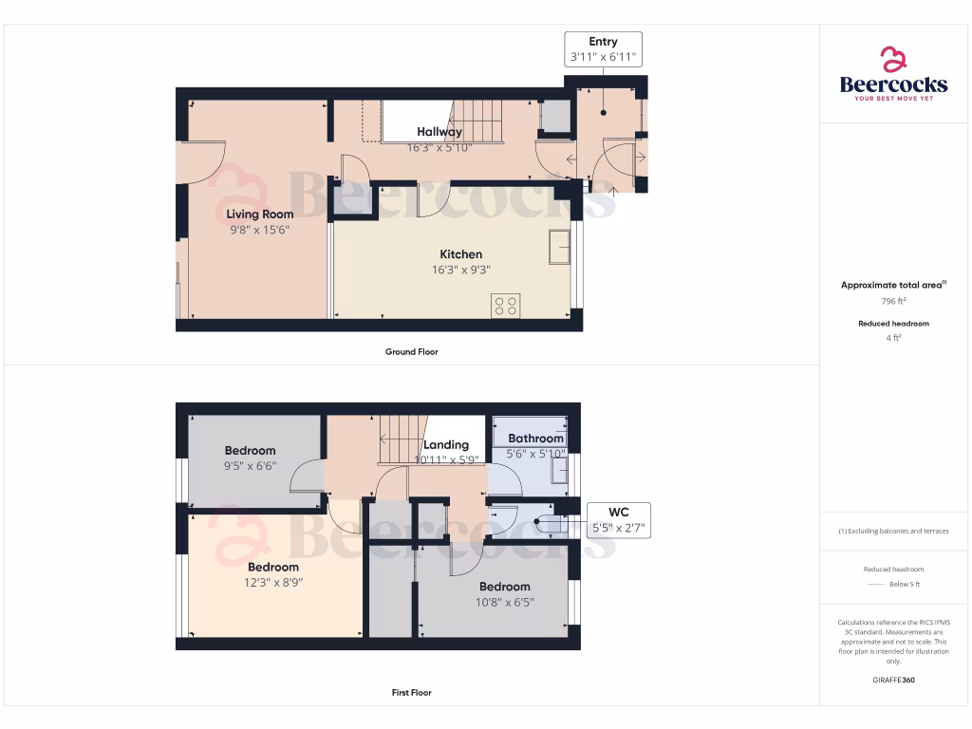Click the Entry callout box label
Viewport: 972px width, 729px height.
[x=603, y=42]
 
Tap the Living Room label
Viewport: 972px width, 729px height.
[x=259, y=215]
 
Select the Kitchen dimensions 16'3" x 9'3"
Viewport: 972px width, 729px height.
[x=460, y=270]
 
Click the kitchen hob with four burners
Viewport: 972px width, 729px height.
[x=506, y=306]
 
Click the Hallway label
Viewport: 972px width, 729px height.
[x=439, y=132]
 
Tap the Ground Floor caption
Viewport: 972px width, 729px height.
[x=412, y=352]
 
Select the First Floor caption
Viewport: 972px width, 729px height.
[x=412, y=693]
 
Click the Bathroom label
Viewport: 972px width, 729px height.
[x=535, y=439]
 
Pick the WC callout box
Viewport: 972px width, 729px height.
[x=619, y=520]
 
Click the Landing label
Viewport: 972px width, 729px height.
[x=446, y=444]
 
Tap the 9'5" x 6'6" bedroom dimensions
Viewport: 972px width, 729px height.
[x=250, y=466]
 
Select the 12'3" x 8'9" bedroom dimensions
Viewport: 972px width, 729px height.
[x=273, y=583]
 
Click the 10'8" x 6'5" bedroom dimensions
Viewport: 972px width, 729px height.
[x=504, y=602]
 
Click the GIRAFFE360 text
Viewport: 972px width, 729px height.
[x=893, y=681]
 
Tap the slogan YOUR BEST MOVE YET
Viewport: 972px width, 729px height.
[x=893, y=99]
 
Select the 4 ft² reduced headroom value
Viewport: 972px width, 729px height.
[x=893, y=337]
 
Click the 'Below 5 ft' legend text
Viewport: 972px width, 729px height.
[x=905, y=584]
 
